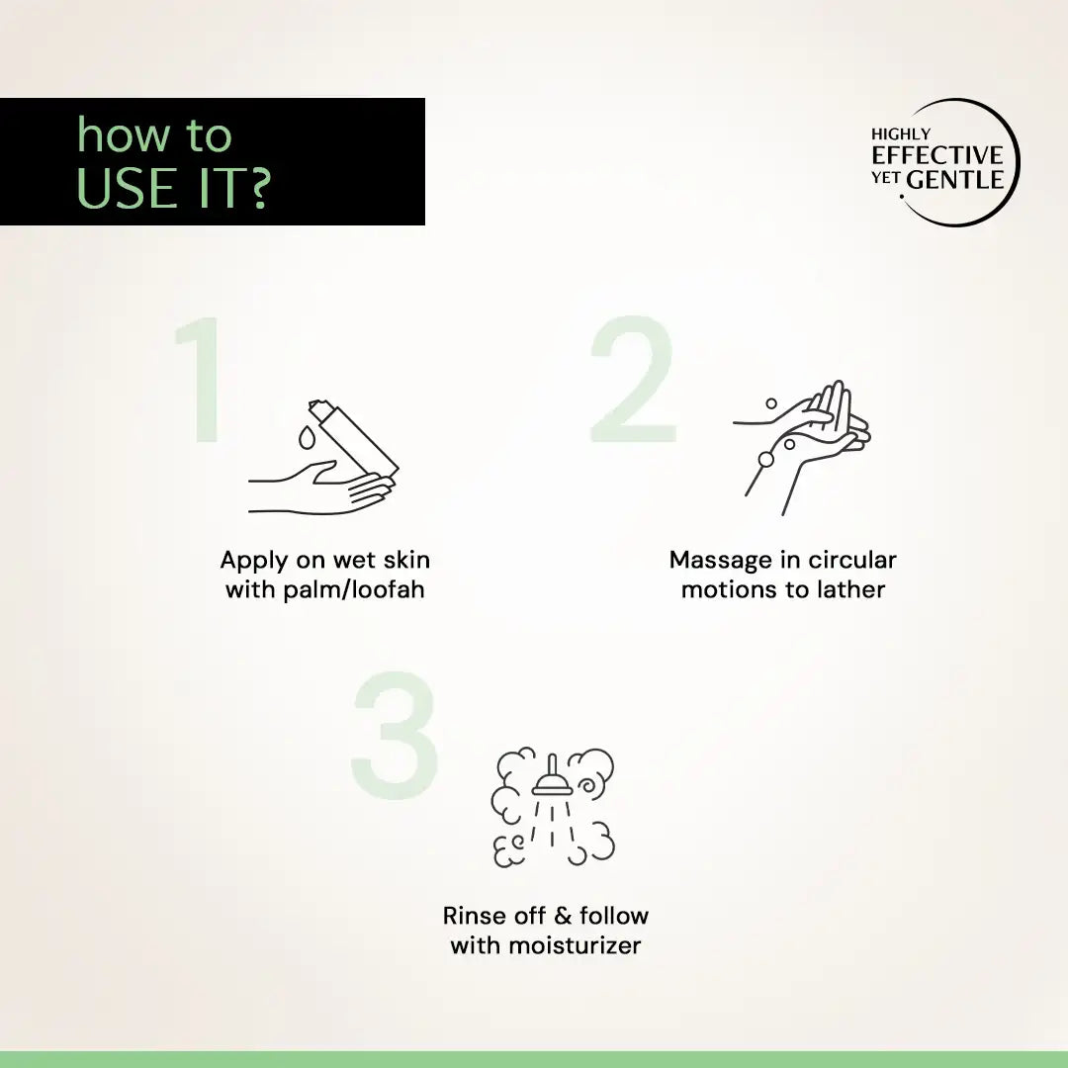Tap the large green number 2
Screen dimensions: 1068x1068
(x=634, y=381)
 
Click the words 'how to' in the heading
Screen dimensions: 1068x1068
(x=154, y=136)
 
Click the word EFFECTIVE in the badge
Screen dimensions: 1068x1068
(x=936, y=155)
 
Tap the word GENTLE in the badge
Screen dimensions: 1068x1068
(x=955, y=180)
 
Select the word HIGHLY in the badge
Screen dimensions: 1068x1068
(x=900, y=133)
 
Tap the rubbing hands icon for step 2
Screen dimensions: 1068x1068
(x=806, y=440)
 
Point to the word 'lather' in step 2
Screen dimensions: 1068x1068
(x=851, y=590)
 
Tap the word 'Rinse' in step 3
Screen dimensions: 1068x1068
(x=475, y=916)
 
